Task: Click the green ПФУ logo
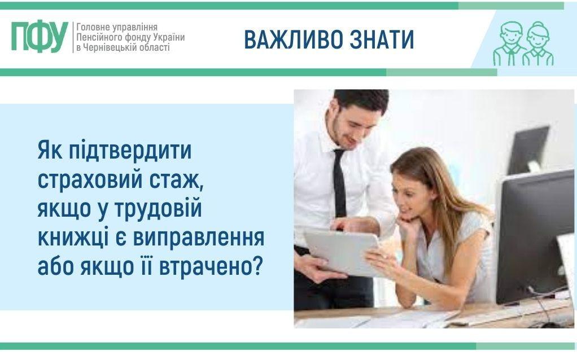pyautogui.click(x=40, y=37)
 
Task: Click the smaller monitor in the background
pyautogui.click(x=528, y=150)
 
